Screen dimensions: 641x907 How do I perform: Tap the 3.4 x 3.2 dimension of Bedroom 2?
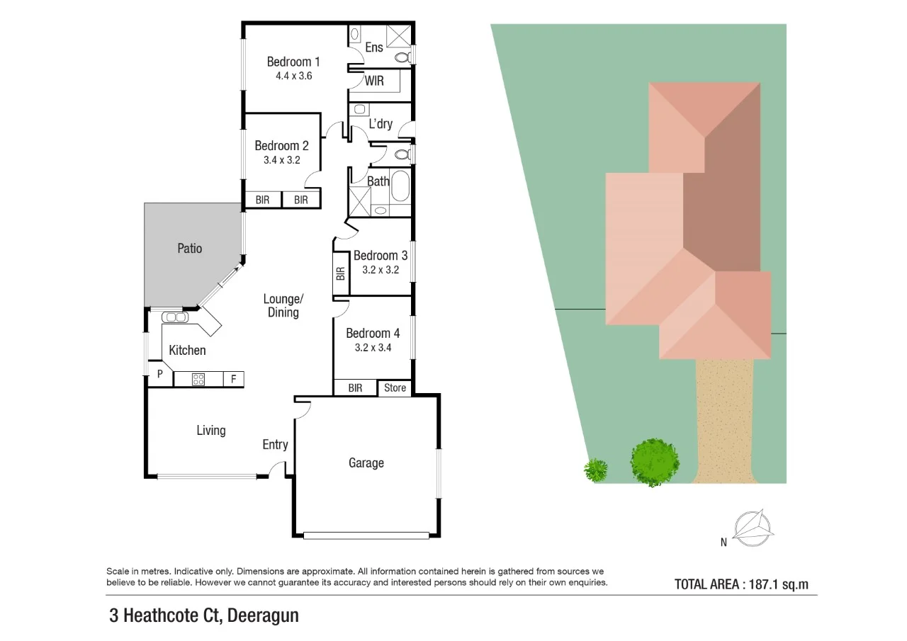point(281,160)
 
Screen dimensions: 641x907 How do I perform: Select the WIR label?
point(374,81)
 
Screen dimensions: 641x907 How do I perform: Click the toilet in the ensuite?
point(402,55)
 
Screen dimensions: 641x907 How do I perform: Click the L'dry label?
point(381,124)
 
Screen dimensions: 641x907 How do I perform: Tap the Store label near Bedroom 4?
point(395,387)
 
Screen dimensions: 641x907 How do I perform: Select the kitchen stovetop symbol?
point(199,379)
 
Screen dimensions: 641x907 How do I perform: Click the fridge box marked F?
point(233,379)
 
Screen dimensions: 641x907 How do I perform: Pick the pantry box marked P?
point(159,374)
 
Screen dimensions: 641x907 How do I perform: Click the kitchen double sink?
point(174,317)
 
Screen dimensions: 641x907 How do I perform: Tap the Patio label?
point(189,249)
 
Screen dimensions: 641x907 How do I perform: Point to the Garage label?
point(366,463)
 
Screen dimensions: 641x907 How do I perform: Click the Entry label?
point(275,444)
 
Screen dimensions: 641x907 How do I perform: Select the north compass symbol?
point(753,528)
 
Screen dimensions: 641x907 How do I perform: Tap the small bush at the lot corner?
point(595,469)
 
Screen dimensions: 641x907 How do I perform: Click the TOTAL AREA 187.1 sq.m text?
point(741,584)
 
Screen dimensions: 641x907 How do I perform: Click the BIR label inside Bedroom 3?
point(340,273)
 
